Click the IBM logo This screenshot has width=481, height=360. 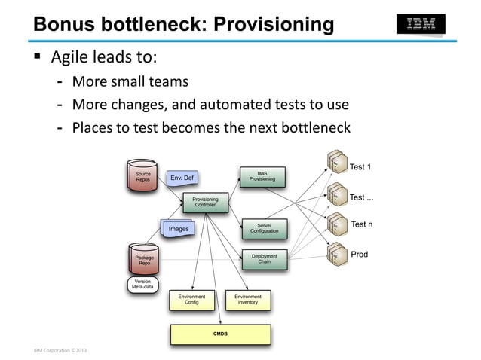[421, 24]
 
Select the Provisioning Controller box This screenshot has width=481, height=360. [205, 203]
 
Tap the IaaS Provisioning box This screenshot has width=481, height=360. [262, 176]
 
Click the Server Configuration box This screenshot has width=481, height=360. [264, 228]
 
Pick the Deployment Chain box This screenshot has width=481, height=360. [264, 259]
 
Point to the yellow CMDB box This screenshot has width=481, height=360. [220, 333]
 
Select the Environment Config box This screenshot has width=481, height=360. [191, 300]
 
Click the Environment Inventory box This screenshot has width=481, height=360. [247, 300]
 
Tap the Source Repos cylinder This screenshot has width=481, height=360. [142, 175]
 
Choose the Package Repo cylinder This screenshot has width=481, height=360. [143, 259]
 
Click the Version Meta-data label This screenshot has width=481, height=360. [142, 284]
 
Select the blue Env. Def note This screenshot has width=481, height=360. [182, 178]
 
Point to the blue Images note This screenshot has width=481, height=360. [179, 228]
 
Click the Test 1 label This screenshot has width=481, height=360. [361, 167]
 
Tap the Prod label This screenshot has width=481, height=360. [360, 255]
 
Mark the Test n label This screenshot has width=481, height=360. [362, 224]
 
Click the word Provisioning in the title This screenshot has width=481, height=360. [274, 25]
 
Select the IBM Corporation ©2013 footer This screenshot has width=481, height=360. [60, 350]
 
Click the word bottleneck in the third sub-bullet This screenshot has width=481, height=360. [314, 127]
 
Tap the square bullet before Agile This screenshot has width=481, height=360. [37, 57]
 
